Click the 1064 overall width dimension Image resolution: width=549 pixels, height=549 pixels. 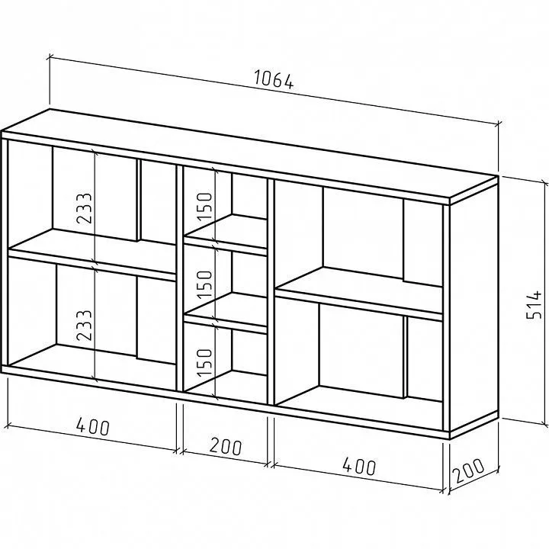(274, 79)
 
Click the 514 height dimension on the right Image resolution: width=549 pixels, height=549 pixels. (534, 304)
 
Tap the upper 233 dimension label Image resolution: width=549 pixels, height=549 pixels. (84, 208)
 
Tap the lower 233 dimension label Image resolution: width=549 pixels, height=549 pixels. (84, 326)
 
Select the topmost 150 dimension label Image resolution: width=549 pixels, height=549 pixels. (205, 206)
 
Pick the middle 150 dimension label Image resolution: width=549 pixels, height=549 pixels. (205, 284)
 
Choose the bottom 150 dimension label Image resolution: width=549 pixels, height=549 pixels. (205, 363)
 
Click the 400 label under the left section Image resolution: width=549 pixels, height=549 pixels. (93, 426)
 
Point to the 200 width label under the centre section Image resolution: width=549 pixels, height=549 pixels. (226, 446)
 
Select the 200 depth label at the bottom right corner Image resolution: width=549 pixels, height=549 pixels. (470, 470)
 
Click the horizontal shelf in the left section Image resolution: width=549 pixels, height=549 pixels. (91, 255)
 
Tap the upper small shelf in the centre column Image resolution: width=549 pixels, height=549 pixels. (226, 236)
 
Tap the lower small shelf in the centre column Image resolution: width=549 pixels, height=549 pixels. (226, 313)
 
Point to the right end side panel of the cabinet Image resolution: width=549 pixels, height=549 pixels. (474, 309)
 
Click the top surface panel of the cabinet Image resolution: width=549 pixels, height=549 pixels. (249, 156)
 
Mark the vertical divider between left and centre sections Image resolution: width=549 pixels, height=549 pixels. (180, 278)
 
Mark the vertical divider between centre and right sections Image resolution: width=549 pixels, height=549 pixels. (271, 292)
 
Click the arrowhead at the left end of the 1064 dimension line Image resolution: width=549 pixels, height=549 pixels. (50, 56)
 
